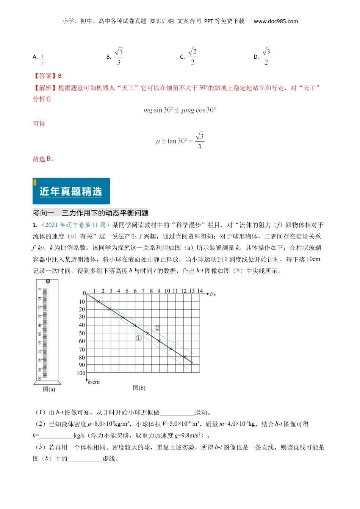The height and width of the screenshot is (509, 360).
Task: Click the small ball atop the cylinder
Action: tap(48, 281)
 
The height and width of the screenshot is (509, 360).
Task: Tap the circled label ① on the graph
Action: tap(139, 338)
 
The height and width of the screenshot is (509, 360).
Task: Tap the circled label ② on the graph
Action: tap(157, 328)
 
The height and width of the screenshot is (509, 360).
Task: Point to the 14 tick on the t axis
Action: tap(200, 291)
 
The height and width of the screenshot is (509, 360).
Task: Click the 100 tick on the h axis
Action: tap(81, 373)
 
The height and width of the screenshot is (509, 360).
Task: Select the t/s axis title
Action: tap(213, 294)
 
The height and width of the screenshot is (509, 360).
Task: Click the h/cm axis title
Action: tap(94, 382)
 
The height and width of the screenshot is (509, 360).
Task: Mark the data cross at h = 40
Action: tap(135, 325)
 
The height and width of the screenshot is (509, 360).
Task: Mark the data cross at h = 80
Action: tap(185, 357)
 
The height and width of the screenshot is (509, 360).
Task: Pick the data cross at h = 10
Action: tap(99, 301)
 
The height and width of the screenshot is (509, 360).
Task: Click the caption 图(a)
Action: tap(49, 389)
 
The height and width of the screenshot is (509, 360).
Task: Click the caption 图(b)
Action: tap(139, 387)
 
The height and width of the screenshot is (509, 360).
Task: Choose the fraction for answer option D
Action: tap(266, 56)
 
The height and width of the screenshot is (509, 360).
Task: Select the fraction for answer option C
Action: tap(193, 56)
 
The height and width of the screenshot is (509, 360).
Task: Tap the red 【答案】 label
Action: tap(45, 76)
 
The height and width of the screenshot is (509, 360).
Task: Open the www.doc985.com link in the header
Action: tap(276, 21)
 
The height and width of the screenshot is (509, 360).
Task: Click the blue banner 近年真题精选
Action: tap(71, 191)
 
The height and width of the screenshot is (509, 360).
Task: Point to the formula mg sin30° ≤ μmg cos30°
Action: tap(180, 110)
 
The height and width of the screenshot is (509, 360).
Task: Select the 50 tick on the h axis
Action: tap(82, 333)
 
